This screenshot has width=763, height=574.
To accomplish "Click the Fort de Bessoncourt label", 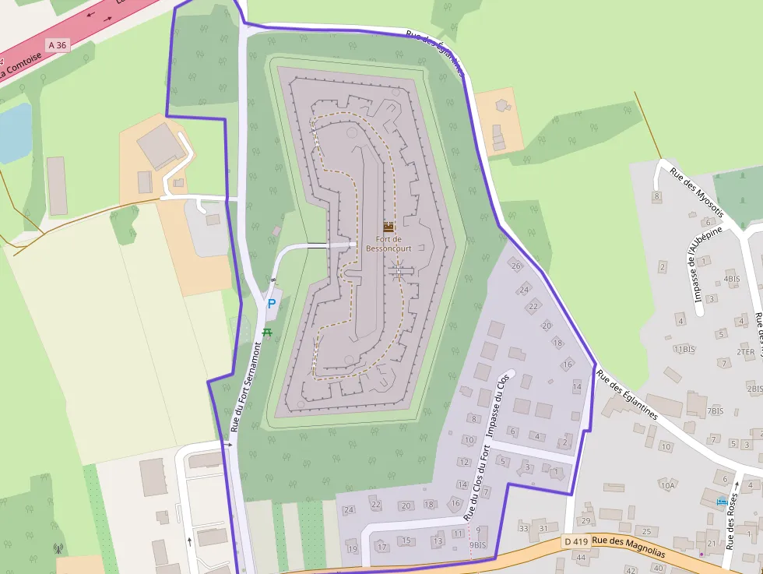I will pyautogui.click(x=389, y=244).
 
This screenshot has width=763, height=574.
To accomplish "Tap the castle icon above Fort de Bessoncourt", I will pyautogui.click(x=389, y=227).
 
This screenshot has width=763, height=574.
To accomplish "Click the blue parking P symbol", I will pyautogui.click(x=272, y=305).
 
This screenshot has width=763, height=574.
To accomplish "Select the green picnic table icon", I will pyautogui.click(x=268, y=333).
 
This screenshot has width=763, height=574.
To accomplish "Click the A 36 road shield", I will pyautogui.click(x=57, y=45).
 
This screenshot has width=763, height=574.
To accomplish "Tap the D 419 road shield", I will pyautogui.click(x=575, y=541).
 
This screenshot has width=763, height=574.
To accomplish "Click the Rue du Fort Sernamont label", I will pyautogui.click(x=246, y=386).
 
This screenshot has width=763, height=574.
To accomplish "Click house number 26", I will pyautogui.click(x=515, y=266).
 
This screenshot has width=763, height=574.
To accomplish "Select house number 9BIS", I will pyautogui.click(x=477, y=545).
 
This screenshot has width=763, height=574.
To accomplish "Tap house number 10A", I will pyautogui.click(x=667, y=485).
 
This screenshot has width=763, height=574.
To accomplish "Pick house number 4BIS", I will pyautogui.click(x=731, y=278).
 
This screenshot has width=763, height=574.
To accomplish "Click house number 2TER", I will pyautogui.click(x=745, y=352).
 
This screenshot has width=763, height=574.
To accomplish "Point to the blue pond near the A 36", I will pyautogui.click(x=14, y=130).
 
